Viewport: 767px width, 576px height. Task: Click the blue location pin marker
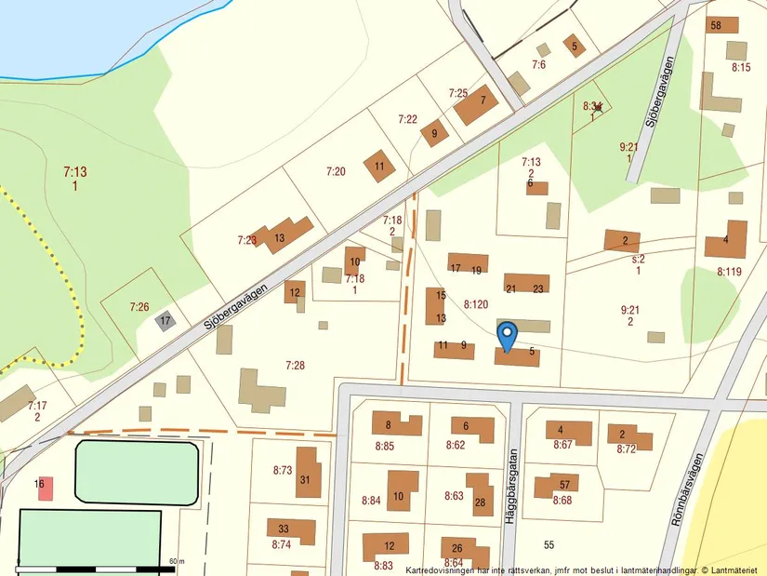coord(507,335)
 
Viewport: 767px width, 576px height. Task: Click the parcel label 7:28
coord(295,366)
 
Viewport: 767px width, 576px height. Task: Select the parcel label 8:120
coord(476,304)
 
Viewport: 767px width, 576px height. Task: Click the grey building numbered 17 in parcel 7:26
coord(165,321)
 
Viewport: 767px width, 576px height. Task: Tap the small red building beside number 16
coord(46,488)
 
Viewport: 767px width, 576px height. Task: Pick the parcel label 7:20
coord(336,171)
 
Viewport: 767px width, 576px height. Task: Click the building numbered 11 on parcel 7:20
coord(378,166)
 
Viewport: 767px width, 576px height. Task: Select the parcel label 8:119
coord(730,272)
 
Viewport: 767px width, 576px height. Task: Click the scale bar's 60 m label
coord(177,562)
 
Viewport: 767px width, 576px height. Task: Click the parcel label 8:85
coord(385,446)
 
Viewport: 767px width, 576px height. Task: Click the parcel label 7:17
coord(37,406)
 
